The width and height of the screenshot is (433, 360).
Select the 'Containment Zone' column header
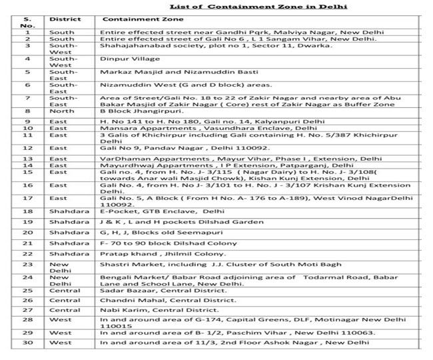[x=141, y=20]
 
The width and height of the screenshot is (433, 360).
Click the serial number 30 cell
[x=27, y=342]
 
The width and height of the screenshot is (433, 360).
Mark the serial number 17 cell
[x=27, y=198]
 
